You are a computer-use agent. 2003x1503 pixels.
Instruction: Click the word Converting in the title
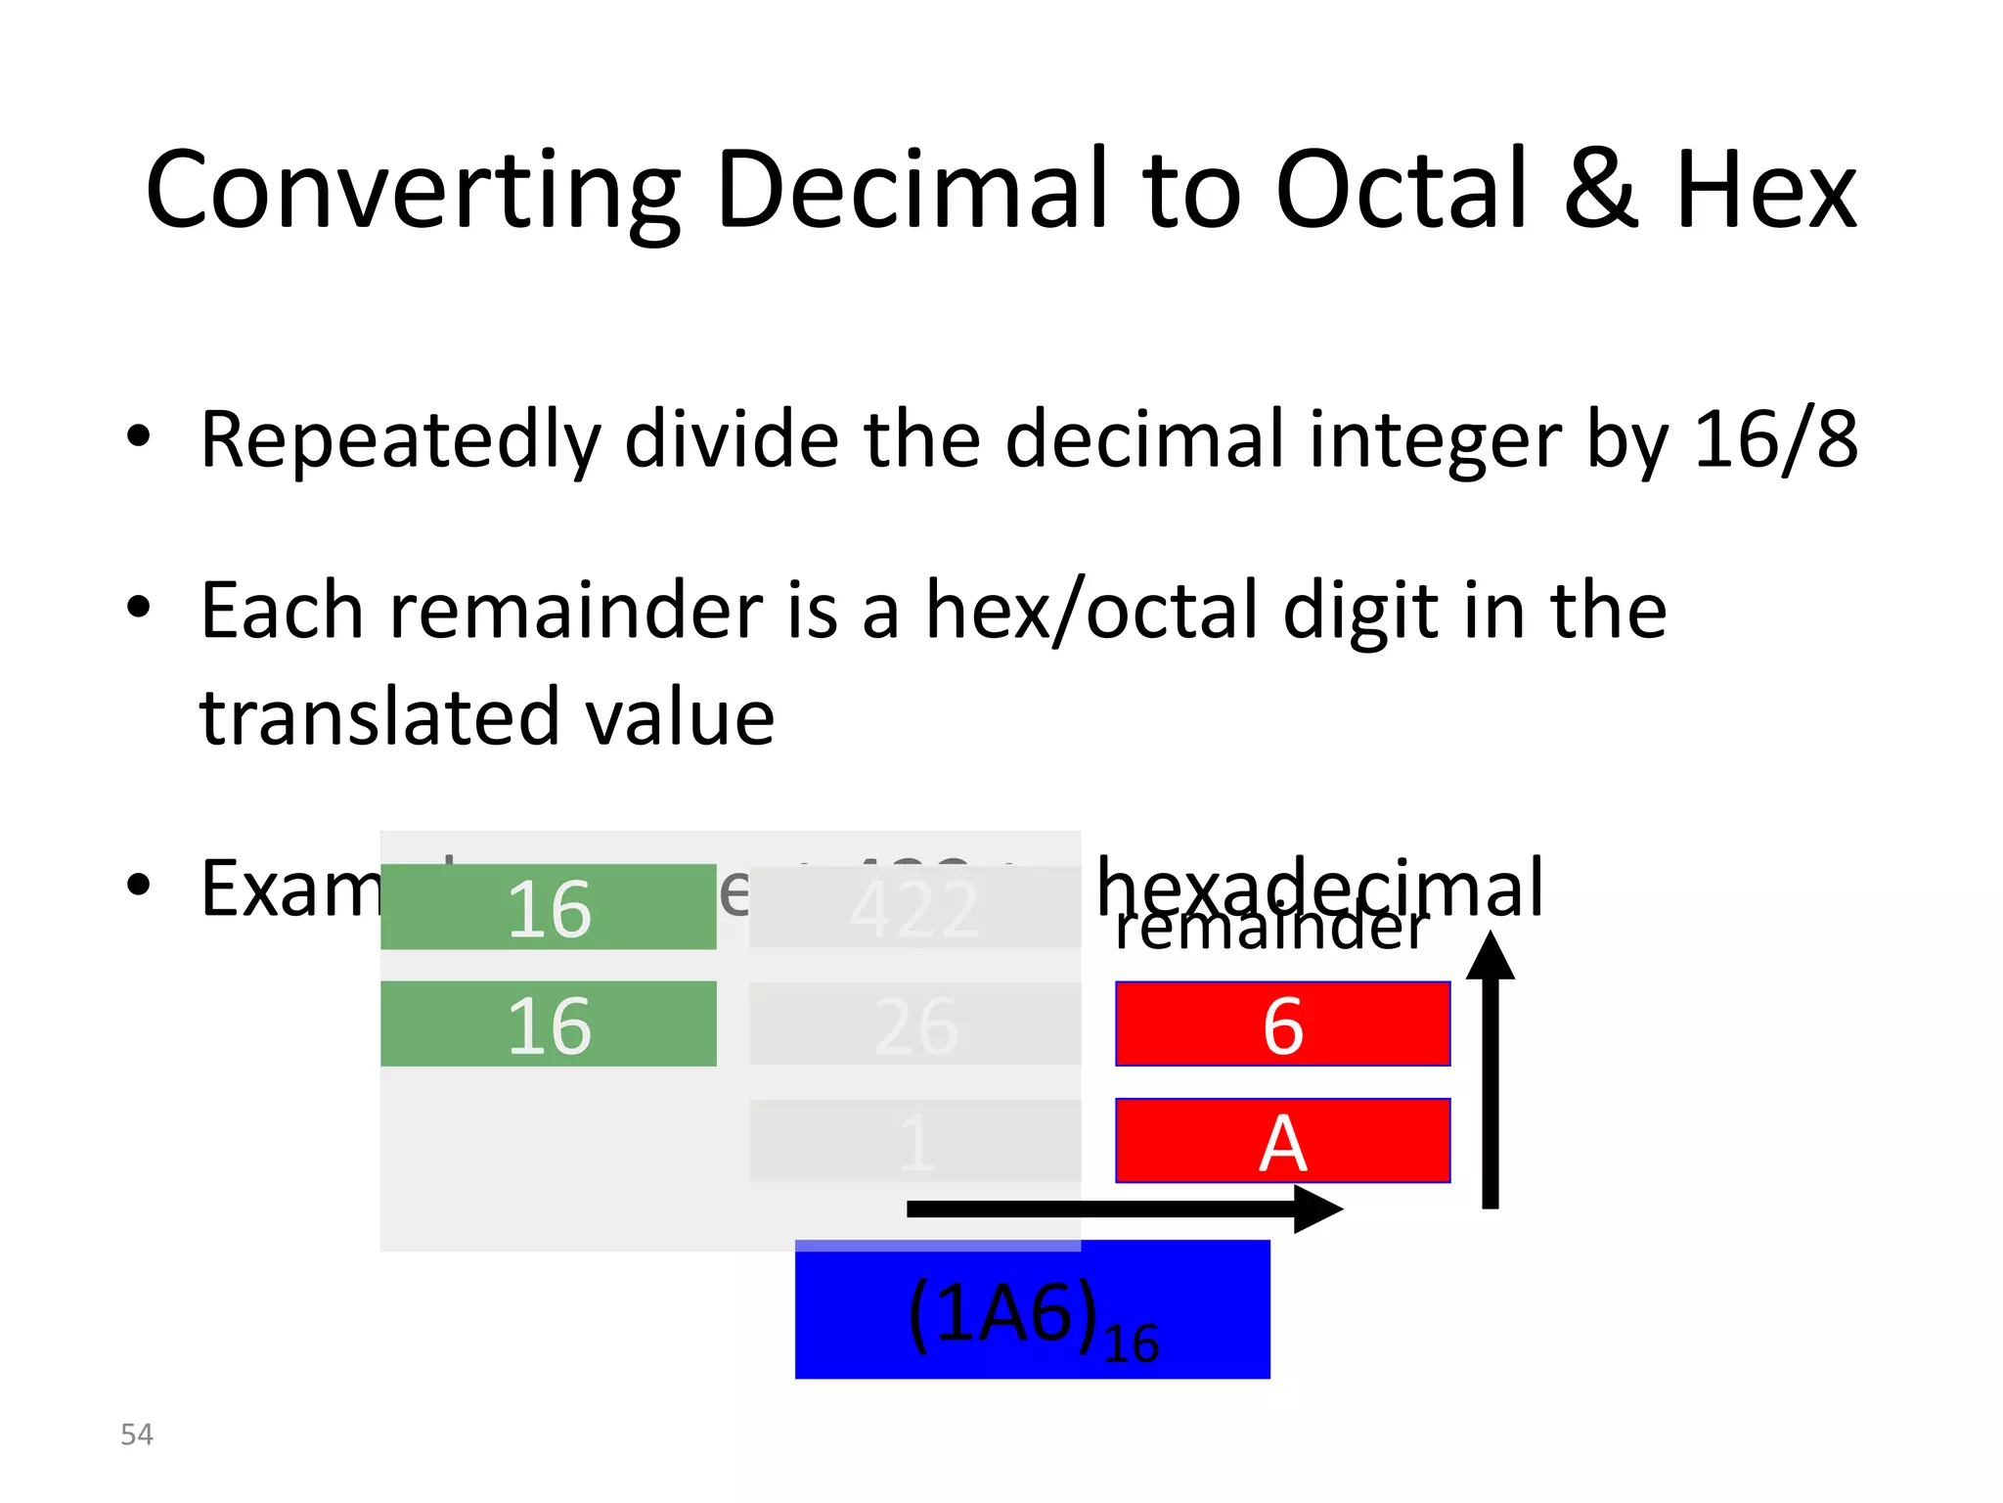point(411,191)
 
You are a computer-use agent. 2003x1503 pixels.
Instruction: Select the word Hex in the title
point(1765,191)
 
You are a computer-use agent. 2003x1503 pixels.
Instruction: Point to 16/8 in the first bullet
point(1774,439)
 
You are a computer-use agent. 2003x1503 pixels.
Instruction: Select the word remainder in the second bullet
point(576,611)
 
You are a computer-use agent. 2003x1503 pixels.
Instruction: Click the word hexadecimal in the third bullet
point(1320,886)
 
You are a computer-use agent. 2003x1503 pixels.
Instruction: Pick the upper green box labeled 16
point(549,907)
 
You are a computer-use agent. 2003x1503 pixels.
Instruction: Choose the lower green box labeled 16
point(549,1024)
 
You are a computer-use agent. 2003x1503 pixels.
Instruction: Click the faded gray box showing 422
point(915,907)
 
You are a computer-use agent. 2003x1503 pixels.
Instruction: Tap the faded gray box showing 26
point(915,1024)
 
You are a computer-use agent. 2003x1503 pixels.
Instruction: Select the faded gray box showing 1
point(915,1141)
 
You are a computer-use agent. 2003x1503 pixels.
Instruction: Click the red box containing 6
point(1282,1024)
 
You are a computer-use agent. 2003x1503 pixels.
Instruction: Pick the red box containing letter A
point(1282,1141)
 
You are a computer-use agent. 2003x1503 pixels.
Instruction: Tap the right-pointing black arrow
point(1125,1209)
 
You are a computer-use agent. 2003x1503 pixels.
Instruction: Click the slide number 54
point(137,1435)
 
